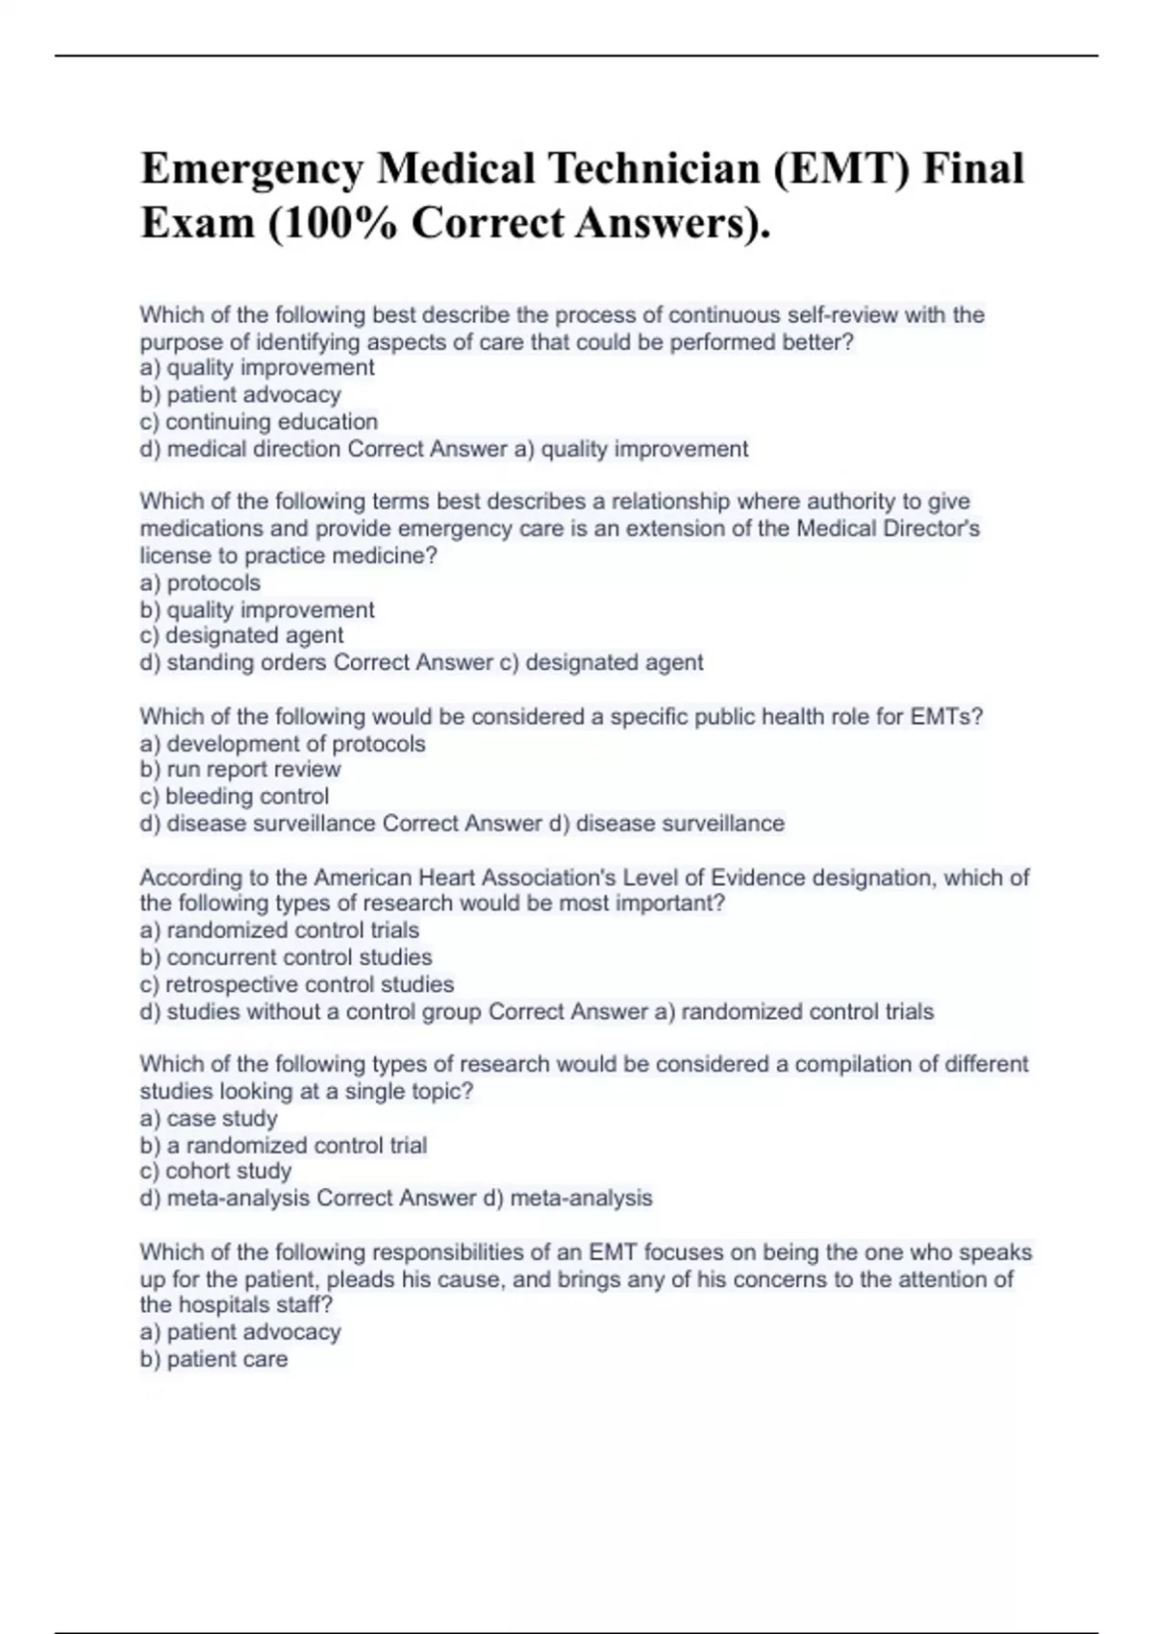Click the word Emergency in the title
tap(252, 170)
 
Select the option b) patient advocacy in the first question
tap(240, 395)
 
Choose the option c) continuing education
tap(259, 422)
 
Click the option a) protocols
tap(200, 583)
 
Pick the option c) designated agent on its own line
tap(241, 635)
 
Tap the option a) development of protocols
tap(283, 744)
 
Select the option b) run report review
tap(240, 770)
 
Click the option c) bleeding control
tap(235, 797)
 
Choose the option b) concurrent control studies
tap(286, 957)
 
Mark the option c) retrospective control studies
tap(297, 985)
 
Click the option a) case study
tap(209, 1119)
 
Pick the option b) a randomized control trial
tap(284, 1146)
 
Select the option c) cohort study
tap(215, 1172)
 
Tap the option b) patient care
tap(213, 1359)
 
